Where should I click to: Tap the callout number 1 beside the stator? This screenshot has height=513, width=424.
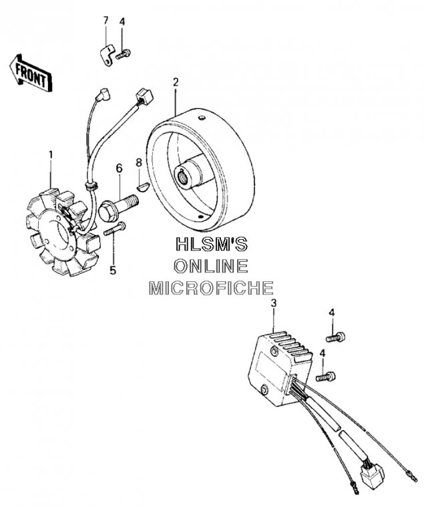50,156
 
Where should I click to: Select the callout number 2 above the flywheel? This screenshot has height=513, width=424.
176,83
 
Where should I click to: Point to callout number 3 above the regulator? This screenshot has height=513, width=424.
273,304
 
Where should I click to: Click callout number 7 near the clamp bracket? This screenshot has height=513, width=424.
105,21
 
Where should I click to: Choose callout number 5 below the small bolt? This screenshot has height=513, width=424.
112,270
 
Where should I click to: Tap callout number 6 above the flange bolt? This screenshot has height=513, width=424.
120,167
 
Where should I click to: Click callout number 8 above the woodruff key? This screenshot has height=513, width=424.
138,162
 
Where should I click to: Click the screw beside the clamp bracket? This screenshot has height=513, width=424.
124,53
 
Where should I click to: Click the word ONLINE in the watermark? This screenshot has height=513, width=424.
211,266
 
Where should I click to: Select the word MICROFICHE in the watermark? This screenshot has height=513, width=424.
211,289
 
